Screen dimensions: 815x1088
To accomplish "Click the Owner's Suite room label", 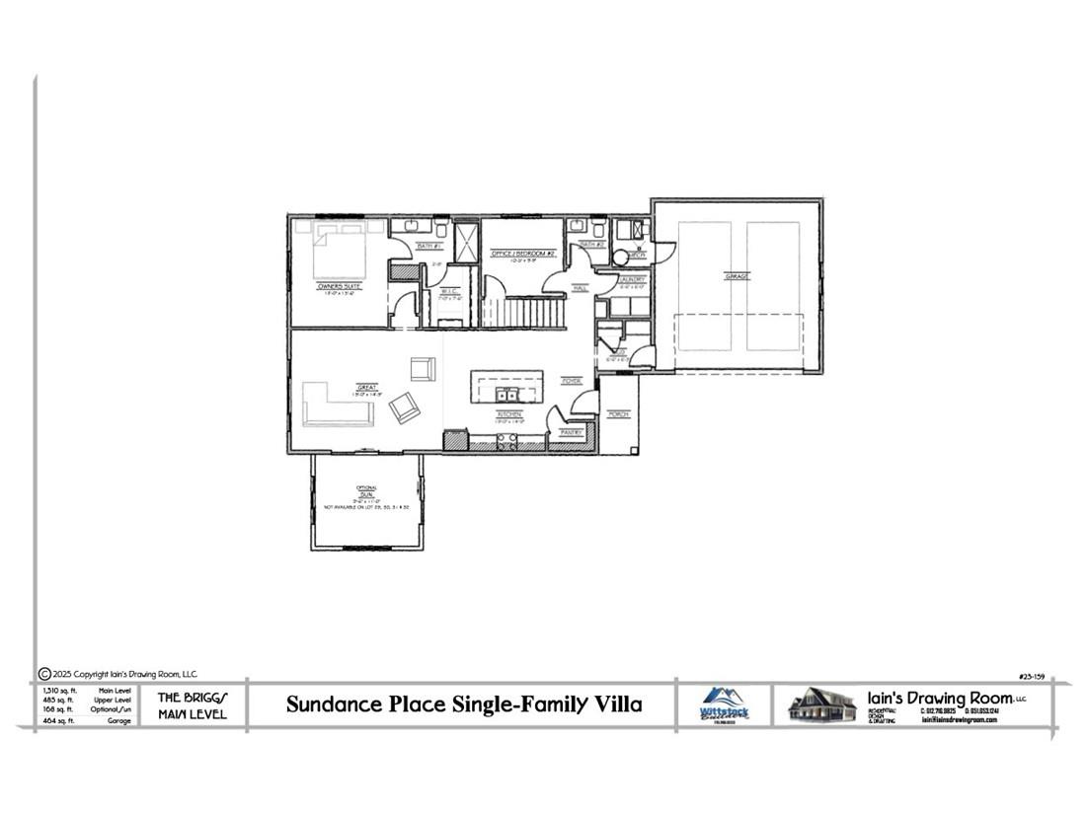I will click(339, 286).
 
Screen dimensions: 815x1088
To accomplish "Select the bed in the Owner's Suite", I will click(339, 252).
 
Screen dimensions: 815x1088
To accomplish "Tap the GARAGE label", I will click(737, 276).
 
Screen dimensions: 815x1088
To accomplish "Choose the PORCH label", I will click(619, 414).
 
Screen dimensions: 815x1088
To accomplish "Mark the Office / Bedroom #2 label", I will click(523, 254).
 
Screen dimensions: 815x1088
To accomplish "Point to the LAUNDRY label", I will click(633, 279).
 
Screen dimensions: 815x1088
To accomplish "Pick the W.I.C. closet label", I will click(450, 291).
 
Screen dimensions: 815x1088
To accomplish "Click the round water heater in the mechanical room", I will click(620, 257).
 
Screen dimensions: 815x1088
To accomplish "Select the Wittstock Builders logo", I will click(724, 704).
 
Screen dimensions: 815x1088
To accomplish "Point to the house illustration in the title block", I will click(821, 704).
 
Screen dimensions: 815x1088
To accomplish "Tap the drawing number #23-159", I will click(1033, 676).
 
